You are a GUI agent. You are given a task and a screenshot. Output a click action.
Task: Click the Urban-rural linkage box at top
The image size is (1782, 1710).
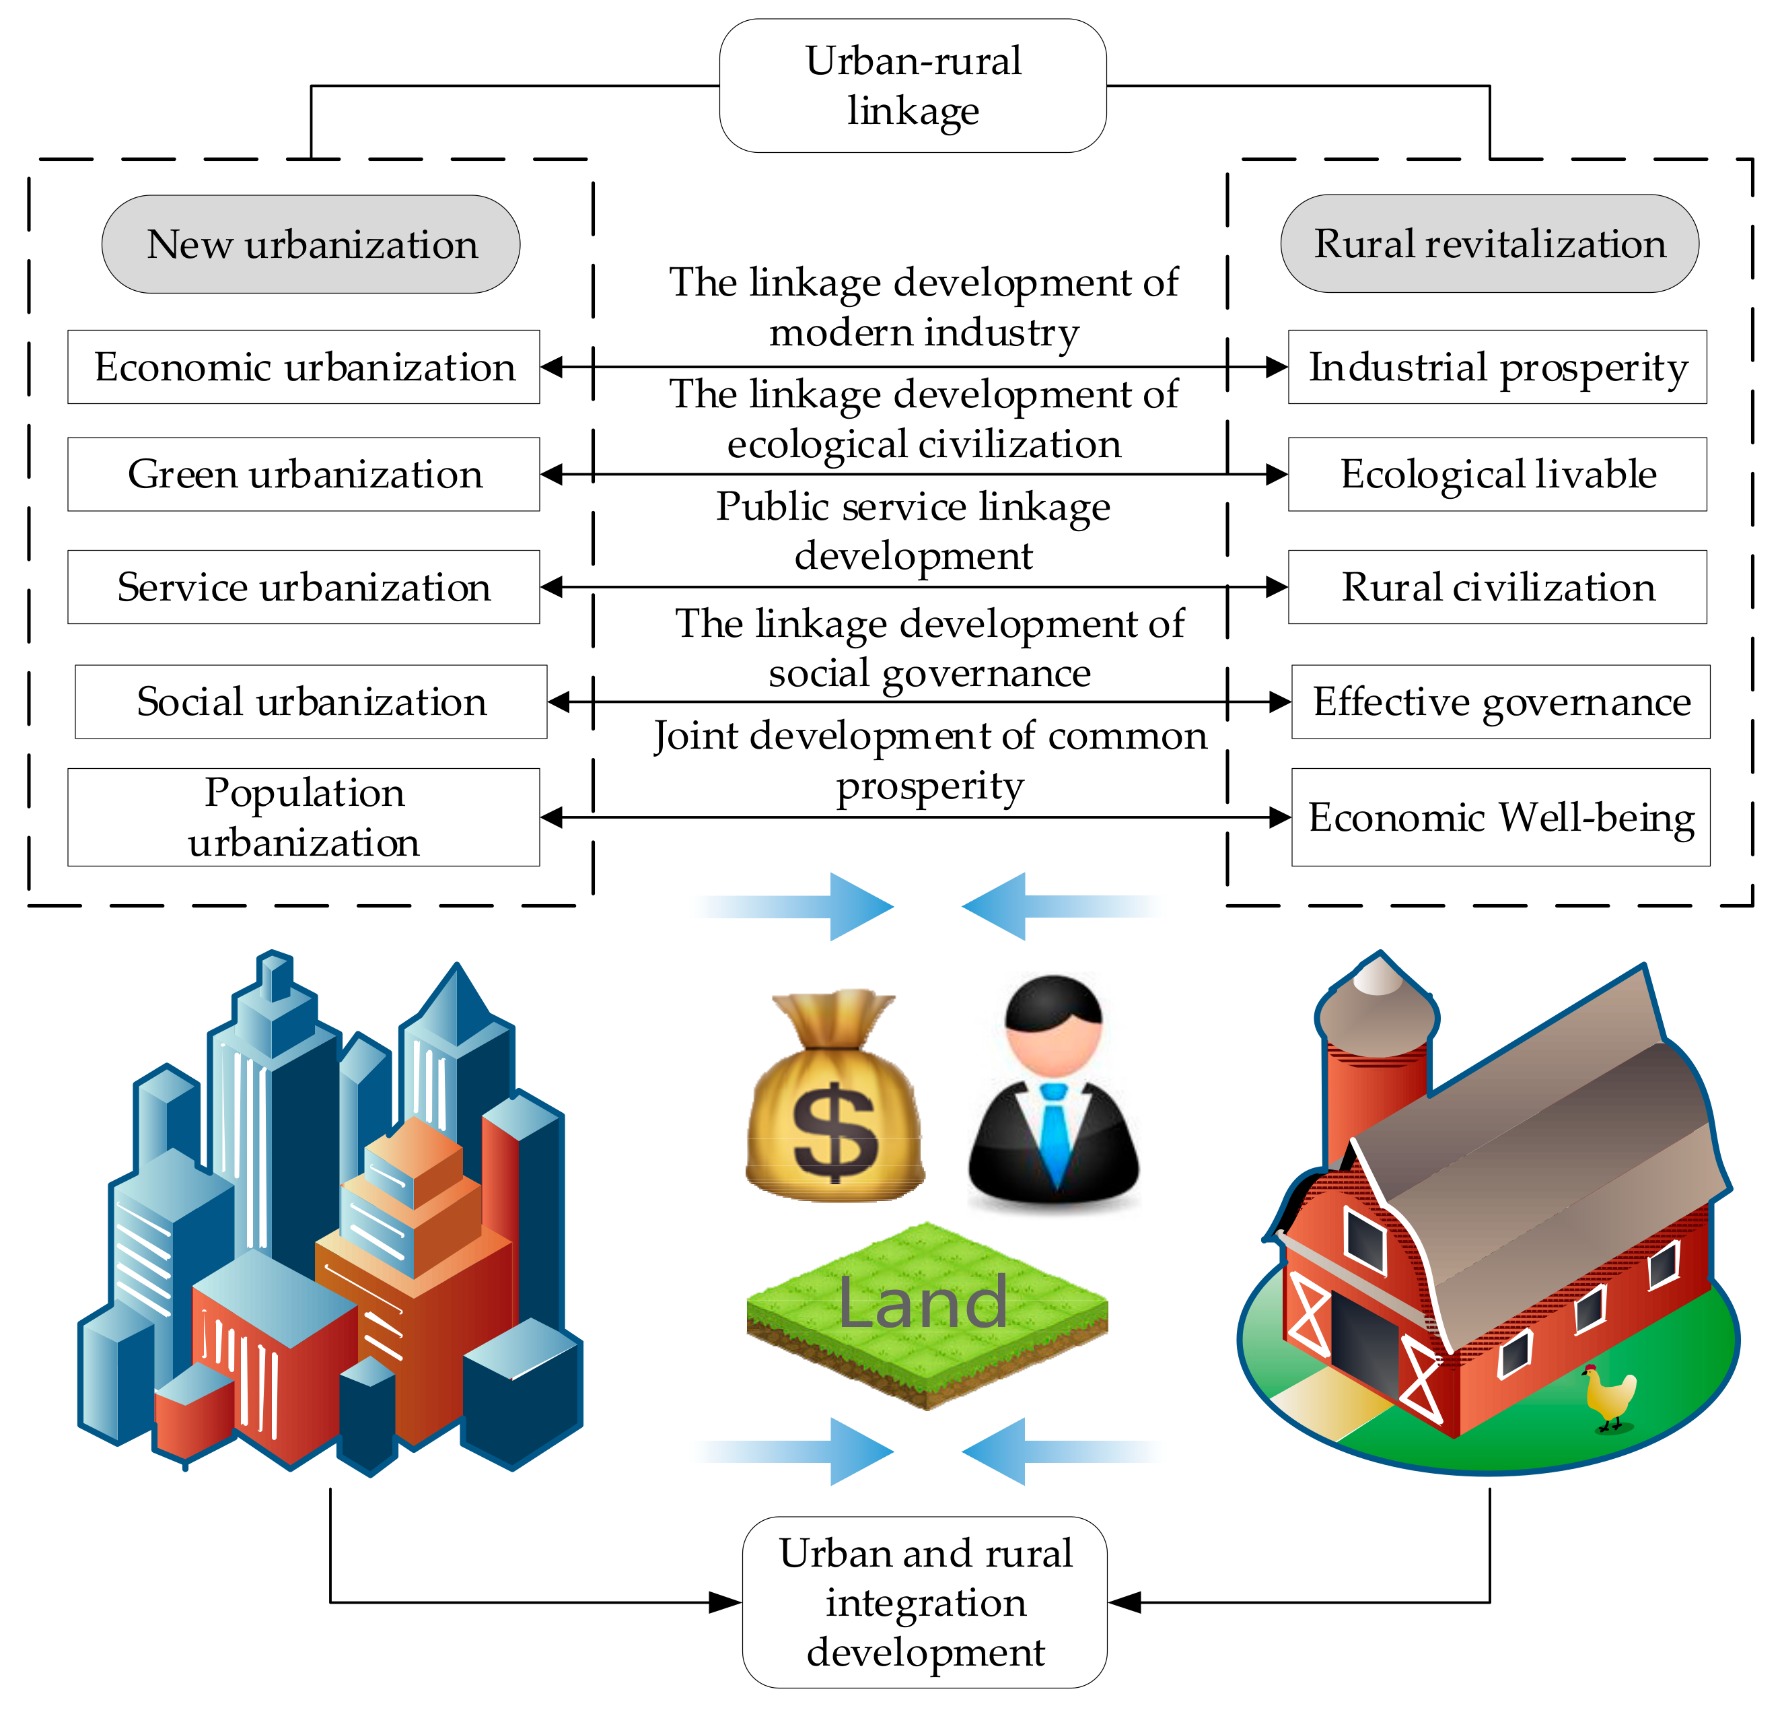tap(912, 85)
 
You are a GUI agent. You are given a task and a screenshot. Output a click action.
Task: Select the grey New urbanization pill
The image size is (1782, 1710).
tap(311, 244)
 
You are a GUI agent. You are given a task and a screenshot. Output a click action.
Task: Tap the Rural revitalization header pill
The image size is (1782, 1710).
tap(1489, 244)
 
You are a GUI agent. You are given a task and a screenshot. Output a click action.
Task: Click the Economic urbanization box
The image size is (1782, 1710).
tap(304, 366)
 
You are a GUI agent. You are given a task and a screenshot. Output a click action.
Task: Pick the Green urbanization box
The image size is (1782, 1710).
tap(304, 474)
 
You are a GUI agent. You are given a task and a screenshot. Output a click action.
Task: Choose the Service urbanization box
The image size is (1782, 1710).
tap(304, 586)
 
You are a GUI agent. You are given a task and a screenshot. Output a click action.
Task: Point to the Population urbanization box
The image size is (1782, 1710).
tap(304, 817)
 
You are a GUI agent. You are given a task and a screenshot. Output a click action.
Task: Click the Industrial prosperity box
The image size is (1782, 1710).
tap(1497, 366)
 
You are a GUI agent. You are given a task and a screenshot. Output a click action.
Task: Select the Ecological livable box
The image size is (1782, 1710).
tap(1497, 474)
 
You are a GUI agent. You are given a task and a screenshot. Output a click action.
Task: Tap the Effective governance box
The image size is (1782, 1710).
tap(1500, 702)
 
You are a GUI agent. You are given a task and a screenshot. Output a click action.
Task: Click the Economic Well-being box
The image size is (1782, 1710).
tap(1500, 817)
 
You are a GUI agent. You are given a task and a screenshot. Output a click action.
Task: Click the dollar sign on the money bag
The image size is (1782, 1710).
tap(834, 1130)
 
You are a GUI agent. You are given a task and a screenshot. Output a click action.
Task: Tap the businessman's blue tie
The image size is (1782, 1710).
tap(1055, 1132)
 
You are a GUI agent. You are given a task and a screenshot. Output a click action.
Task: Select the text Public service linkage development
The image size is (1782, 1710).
tap(912, 531)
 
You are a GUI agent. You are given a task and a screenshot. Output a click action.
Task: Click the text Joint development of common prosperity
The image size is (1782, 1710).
tap(929, 760)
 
